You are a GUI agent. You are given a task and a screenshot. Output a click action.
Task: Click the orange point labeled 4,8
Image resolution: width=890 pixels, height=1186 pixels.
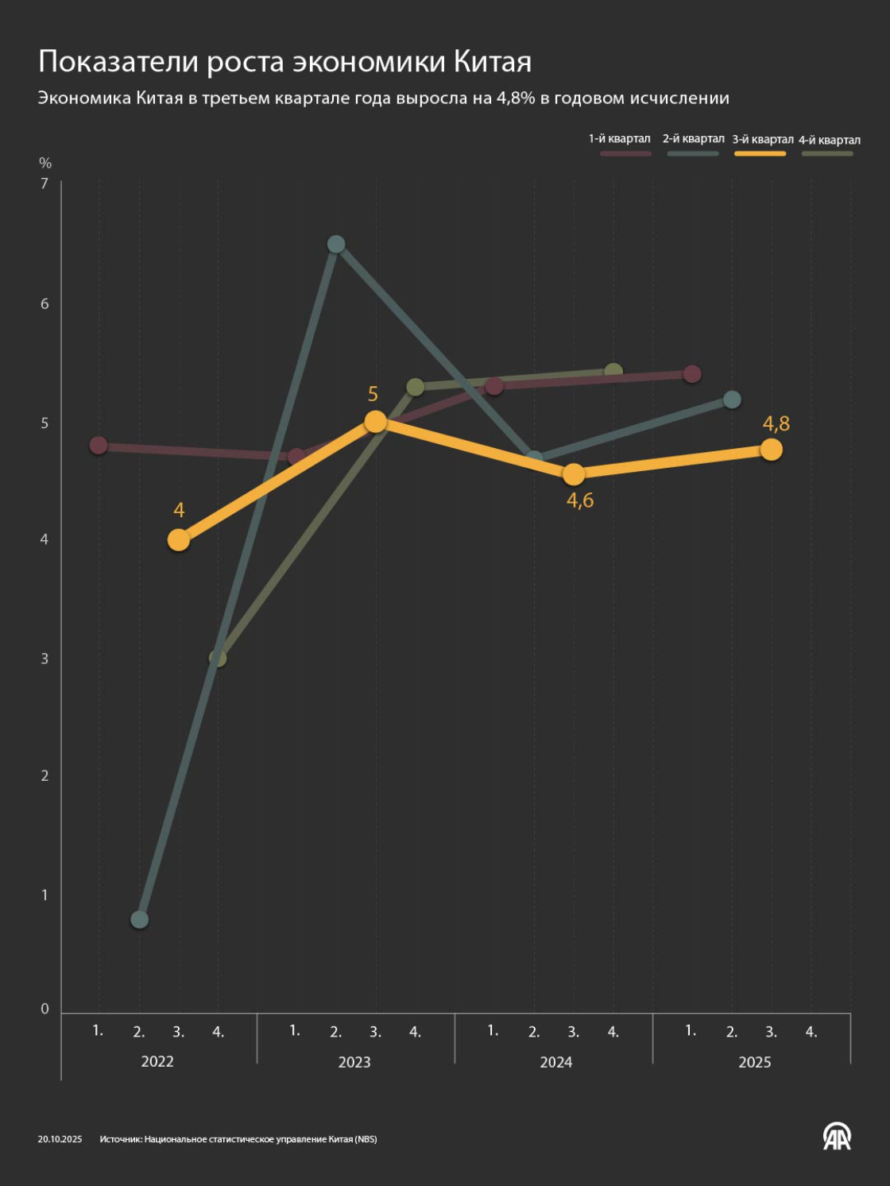click(771, 450)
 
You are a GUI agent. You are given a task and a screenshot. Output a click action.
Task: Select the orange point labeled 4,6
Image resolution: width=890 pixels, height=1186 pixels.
click(573, 474)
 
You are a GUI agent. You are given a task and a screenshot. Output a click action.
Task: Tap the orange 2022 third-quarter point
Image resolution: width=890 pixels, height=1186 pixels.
click(179, 540)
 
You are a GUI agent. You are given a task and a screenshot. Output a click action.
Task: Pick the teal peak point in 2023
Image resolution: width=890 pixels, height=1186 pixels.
click(336, 244)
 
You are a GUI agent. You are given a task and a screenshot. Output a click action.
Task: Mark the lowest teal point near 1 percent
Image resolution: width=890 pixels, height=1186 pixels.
click(139, 920)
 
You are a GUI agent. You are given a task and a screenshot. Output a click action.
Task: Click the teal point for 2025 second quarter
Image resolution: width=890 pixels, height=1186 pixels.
click(732, 400)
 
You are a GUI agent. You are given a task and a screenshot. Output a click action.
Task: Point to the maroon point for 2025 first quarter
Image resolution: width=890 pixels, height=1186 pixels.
click(692, 373)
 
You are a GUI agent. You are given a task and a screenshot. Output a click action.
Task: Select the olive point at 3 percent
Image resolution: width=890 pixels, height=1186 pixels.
click(218, 659)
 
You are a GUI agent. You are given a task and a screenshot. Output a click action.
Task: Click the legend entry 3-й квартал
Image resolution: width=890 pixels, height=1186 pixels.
click(762, 140)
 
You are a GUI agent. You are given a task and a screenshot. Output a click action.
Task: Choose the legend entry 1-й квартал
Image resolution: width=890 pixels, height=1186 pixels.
click(619, 139)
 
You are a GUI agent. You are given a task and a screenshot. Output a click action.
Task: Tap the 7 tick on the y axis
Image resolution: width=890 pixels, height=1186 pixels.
click(44, 184)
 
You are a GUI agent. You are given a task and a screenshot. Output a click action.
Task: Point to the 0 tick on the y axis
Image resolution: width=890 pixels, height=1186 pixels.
click(44, 1009)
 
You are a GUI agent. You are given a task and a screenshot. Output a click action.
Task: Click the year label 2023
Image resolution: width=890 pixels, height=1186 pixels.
click(354, 1062)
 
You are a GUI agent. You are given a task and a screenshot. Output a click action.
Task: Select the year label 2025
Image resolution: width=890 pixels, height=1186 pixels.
click(754, 1062)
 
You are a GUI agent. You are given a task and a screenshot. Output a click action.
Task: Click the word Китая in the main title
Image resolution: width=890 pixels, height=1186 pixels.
click(493, 61)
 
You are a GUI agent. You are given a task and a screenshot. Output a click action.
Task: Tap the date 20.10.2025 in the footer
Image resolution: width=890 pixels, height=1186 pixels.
click(60, 1139)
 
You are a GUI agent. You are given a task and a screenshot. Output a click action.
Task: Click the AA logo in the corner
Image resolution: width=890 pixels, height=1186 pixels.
click(836, 1137)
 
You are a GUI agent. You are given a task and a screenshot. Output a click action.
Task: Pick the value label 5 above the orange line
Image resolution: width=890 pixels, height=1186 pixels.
click(373, 394)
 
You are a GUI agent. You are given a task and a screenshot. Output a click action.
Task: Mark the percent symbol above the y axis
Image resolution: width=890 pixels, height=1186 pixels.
click(45, 163)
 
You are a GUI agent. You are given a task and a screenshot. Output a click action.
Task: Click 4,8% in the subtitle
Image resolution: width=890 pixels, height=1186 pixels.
click(516, 99)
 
